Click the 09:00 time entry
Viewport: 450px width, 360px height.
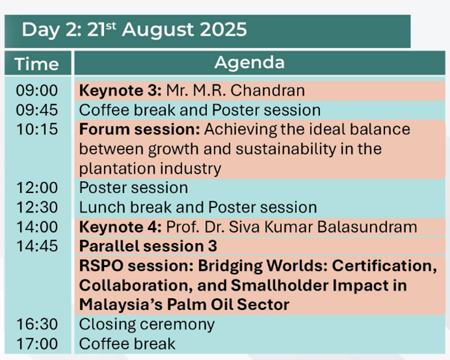point(37,90)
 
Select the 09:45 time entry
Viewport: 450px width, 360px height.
point(37,110)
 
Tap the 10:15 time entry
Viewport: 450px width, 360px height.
point(37,129)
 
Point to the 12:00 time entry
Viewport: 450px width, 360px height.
point(37,188)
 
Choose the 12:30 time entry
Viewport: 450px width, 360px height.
point(37,207)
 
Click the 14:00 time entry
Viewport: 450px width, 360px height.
point(37,227)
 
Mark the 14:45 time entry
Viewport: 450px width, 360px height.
point(37,246)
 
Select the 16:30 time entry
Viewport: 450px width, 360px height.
point(37,324)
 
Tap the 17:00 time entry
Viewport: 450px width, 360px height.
point(37,344)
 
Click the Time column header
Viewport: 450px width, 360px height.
point(37,64)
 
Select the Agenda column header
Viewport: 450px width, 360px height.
point(249,63)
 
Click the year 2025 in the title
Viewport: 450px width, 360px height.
point(223,29)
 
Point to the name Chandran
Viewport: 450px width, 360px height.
point(268,90)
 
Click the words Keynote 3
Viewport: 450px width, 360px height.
point(120,90)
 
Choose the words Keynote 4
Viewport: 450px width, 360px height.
point(120,227)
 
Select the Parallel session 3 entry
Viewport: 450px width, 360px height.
point(148,246)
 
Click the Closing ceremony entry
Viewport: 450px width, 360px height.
point(147,325)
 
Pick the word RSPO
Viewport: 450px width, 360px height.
point(101,266)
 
